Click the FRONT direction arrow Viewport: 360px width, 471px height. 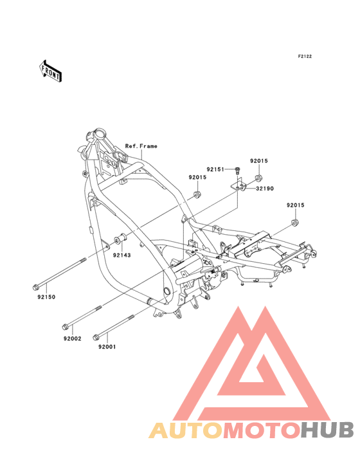tap(50, 71)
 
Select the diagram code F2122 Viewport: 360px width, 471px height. tap(305, 56)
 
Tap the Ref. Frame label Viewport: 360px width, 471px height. tap(141, 146)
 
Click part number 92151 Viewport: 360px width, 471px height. tap(215, 169)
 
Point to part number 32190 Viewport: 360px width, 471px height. tap(265, 189)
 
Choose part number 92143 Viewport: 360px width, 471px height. tap(122, 255)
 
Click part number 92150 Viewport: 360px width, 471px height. tap(46, 297)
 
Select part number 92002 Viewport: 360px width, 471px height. tap(72, 338)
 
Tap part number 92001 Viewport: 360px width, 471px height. tap(107, 347)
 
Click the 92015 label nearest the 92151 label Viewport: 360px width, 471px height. tap(259, 161)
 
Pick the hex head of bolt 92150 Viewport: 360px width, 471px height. tap(35, 288)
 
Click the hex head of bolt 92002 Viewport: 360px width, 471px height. tap(64, 326)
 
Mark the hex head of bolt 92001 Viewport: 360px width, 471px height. tap(96, 337)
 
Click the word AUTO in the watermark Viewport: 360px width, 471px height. tap(186, 430)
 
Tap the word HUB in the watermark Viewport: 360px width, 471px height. tap(328, 430)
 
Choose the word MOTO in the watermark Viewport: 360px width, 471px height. tap(262, 430)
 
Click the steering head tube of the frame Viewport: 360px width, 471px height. tap(98, 134)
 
